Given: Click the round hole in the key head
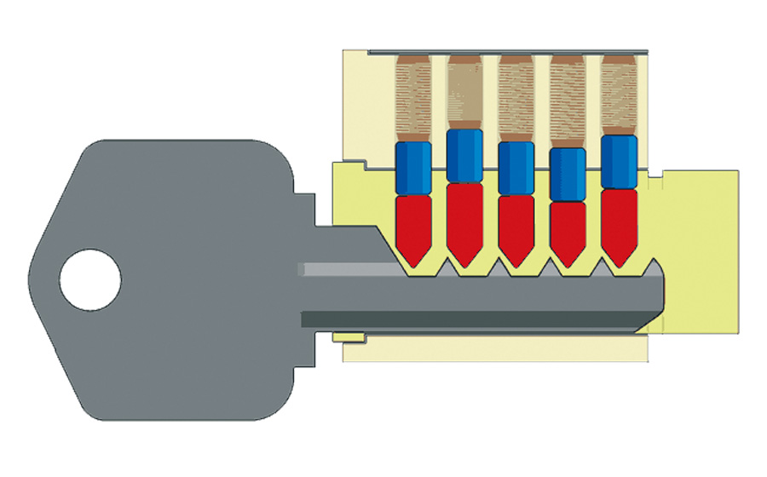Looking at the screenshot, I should click(89, 279).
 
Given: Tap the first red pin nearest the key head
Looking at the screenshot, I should click(414, 226).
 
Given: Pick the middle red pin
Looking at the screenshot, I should click(516, 226).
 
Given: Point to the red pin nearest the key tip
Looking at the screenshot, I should click(619, 221).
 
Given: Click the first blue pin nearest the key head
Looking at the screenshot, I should click(414, 167).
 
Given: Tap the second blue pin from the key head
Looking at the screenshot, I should click(465, 155).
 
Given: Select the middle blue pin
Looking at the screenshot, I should click(516, 167).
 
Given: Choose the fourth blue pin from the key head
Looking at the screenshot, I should click(568, 175).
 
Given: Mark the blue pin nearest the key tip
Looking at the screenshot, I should click(619, 161).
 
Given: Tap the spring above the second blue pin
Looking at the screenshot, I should click(465, 89).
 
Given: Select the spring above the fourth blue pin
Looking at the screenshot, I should click(568, 98).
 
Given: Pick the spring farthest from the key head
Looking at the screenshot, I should click(619, 92).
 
